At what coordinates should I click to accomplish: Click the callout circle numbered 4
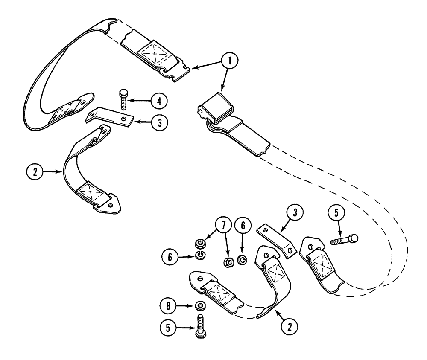[159, 101]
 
